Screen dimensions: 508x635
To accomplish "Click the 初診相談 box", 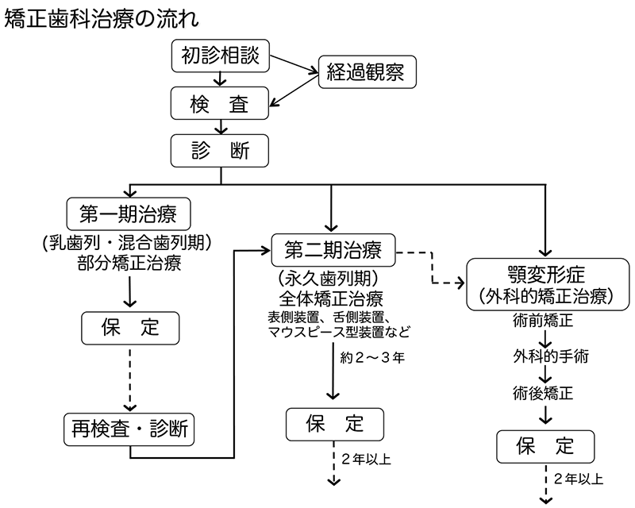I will (x=221, y=56).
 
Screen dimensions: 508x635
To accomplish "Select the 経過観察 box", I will (x=366, y=73).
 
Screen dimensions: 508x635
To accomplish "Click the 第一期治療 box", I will (x=129, y=213).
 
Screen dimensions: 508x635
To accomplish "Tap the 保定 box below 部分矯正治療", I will (x=129, y=325).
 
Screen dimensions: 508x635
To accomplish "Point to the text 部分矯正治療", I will (x=129, y=263).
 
